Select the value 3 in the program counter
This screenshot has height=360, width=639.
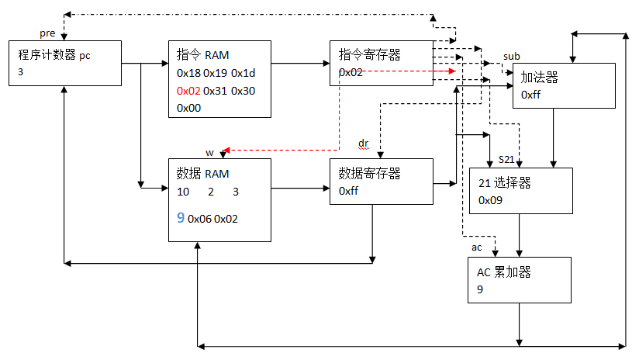pos(22,71)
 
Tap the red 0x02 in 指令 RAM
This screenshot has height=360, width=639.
pos(188,91)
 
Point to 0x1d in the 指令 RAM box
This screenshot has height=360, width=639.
pos(244,73)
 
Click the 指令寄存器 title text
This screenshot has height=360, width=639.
pos(369,55)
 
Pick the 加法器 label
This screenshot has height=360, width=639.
pos(540,78)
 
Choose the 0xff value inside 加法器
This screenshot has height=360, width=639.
pos(530,95)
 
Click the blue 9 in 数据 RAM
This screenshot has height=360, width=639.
pos(181,218)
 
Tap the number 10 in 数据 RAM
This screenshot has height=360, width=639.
pos(183,192)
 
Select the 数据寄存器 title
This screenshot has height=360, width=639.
pos(369,173)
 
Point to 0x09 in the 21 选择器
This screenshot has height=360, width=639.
pos(490,199)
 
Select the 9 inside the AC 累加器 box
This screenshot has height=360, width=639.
pos(481,289)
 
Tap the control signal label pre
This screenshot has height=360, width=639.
pos(47,34)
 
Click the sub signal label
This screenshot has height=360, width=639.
pos(512,57)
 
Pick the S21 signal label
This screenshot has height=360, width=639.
pos(506,159)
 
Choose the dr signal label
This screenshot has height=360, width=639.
pos(364,144)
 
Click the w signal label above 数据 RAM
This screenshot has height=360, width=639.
pos(209,152)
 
